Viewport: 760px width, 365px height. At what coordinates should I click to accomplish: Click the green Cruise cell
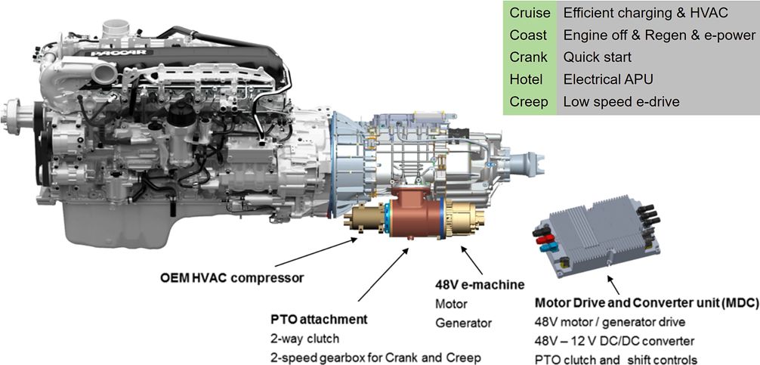click(x=530, y=13)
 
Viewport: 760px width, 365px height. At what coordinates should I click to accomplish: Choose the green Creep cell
click(x=529, y=101)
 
